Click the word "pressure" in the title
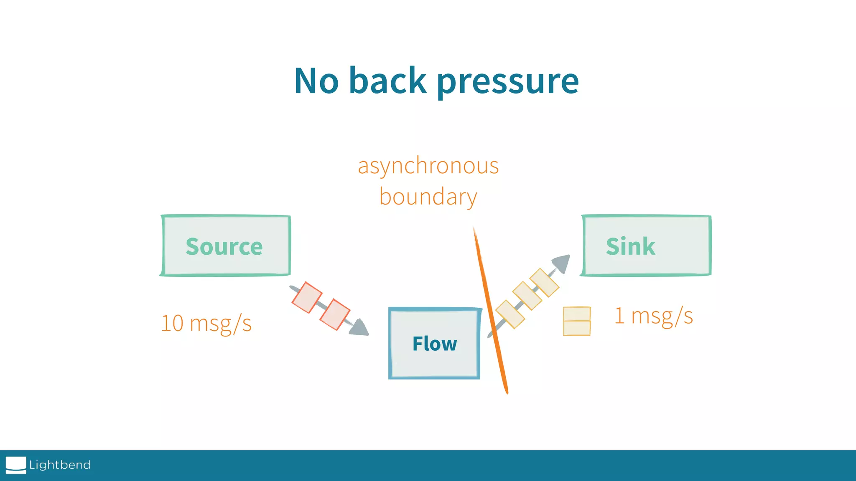[x=507, y=82]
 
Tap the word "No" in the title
[x=316, y=81]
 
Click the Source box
[x=225, y=246]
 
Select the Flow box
[x=434, y=344]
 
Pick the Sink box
[x=646, y=246]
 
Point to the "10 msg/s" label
[x=206, y=323]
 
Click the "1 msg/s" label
[x=653, y=316]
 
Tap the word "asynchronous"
[x=428, y=166]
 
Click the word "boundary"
[x=428, y=197]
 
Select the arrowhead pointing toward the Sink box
[x=561, y=263]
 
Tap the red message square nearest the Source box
[x=307, y=297]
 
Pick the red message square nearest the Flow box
[x=335, y=314]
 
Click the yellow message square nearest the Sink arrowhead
[x=544, y=283]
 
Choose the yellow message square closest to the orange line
[x=510, y=314]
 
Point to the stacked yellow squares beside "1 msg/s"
[x=577, y=321]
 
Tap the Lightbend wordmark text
[x=60, y=465]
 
